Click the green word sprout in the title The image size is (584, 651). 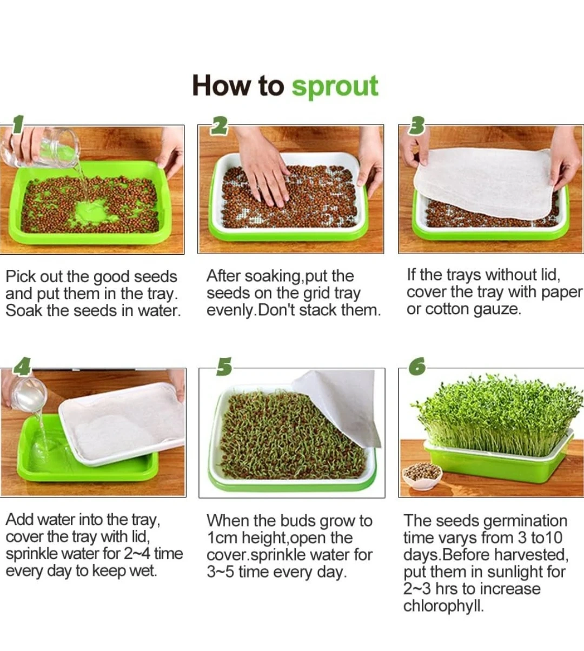(x=335, y=86)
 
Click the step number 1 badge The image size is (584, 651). (x=18, y=124)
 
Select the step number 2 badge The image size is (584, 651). (x=220, y=125)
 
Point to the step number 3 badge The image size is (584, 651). (x=416, y=125)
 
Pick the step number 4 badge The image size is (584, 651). (x=22, y=366)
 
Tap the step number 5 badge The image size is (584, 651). (x=224, y=367)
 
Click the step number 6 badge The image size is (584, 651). (x=417, y=366)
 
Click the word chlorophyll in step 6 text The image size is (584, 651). (x=443, y=606)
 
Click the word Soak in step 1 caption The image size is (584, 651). (x=24, y=311)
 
